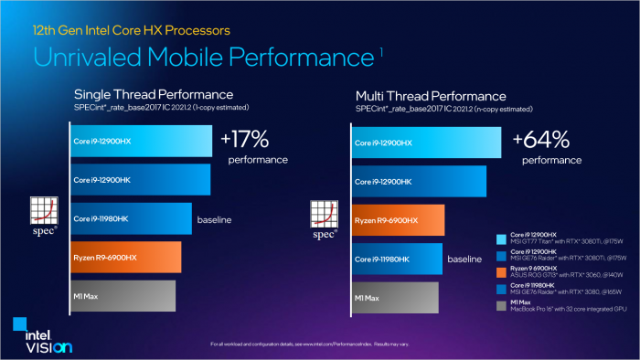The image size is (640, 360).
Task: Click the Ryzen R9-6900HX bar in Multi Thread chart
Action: point(399,220)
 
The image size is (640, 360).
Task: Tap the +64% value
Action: point(541,139)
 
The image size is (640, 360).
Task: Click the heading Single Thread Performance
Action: point(153,95)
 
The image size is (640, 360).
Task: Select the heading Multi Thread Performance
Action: point(429,95)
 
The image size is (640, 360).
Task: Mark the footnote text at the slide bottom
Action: point(320,343)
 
